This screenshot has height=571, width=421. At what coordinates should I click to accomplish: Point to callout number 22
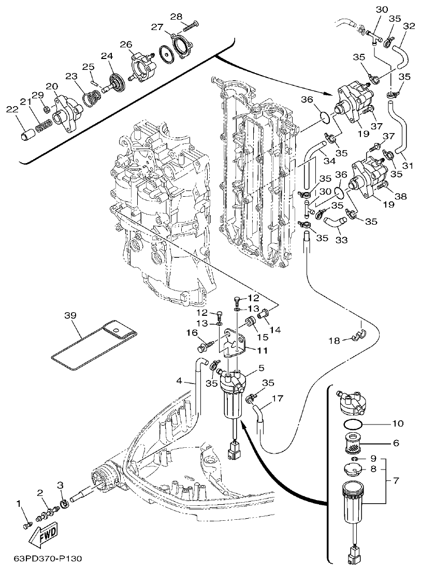11,109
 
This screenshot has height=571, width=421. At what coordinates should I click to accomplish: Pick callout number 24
106,56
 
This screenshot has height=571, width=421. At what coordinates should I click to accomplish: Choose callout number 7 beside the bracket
396,481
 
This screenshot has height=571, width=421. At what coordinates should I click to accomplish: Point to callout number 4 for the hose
179,381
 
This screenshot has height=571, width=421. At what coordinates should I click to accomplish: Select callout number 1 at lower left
20,503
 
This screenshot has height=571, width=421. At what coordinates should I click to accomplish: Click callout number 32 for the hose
409,26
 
